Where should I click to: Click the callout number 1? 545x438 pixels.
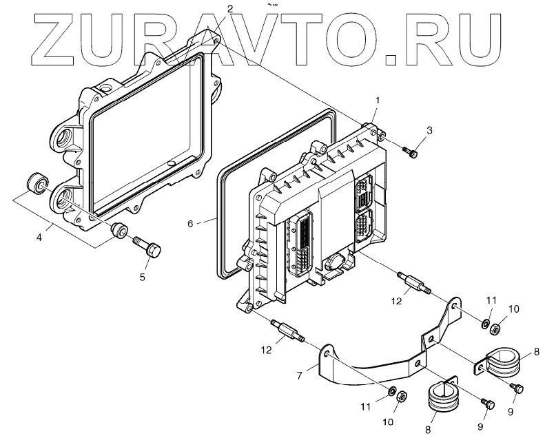click(377, 101)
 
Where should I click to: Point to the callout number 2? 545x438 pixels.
click(230, 8)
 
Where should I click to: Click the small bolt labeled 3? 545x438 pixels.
click(412, 152)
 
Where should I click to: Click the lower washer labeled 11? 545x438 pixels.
click(392, 393)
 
